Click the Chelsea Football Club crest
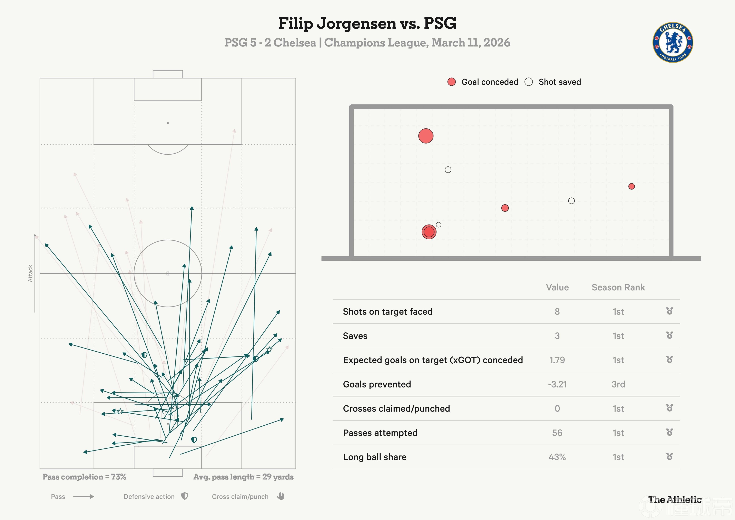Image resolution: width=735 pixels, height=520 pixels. tap(673, 42)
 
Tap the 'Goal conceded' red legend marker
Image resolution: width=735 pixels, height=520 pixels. tap(451, 82)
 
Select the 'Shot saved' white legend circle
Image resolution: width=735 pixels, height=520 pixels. tap(529, 82)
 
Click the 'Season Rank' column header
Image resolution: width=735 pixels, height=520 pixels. tap(618, 287)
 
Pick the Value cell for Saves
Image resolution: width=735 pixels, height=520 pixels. tap(557, 336)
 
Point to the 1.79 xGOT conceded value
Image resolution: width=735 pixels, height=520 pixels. tap(557, 360)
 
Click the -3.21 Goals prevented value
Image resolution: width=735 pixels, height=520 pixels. tap(557, 384)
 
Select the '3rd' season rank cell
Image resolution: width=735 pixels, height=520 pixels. tap(618, 384)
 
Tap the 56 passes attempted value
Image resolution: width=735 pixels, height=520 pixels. tap(557, 433)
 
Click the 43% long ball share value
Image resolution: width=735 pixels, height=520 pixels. tap(557, 457)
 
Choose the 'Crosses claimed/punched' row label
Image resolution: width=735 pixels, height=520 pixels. tap(396, 409)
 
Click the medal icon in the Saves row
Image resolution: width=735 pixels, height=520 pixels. tap(669, 335)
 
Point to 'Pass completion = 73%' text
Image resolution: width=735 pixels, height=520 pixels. tap(84, 477)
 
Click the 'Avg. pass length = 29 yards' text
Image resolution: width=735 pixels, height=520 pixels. tap(243, 477)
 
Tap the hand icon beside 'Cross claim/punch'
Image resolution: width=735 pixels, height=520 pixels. tap(281, 496)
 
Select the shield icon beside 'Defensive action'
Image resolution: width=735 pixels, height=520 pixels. tap(185, 496)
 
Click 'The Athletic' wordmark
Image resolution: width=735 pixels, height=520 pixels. tap(675, 500)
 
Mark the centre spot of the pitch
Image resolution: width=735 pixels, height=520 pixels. tap(168, 273)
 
